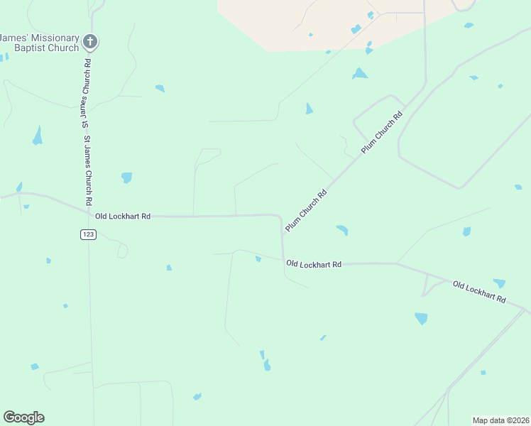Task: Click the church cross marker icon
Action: pos(89,42)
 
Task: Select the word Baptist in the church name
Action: pos(32,49)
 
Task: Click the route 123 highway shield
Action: pos(88,234)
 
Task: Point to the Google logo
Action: pos(23,417)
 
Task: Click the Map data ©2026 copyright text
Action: pos(500,420)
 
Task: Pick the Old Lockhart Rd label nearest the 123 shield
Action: pos(123,216)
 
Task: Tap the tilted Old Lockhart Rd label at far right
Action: pos(479,292)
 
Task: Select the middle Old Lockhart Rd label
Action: pos(314,264)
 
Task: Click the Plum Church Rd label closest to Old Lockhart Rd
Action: pos(306,210)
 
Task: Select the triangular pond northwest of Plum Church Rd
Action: pos(309,109)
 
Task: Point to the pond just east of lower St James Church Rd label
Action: pos(126,177)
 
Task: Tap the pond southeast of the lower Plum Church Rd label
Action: pos(342,230)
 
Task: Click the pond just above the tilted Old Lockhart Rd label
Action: pos(500,283)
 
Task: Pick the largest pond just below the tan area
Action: pos(360,73)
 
